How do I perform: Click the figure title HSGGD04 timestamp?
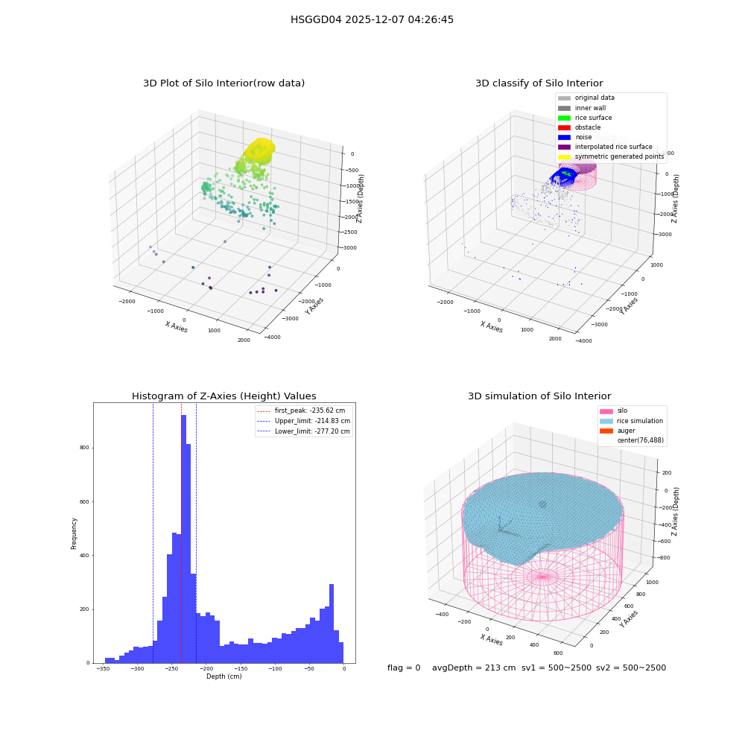(372, 20)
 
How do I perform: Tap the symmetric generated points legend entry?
(611, 156)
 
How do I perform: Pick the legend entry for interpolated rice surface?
(605, 147)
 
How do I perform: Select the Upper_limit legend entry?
(304, 421)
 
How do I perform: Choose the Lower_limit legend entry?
(304, 431)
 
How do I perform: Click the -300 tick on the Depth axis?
(137, 668)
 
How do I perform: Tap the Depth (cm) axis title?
(223, 676)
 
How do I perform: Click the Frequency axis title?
(74, 533)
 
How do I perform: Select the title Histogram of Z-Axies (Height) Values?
(223, 396)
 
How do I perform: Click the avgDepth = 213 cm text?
(474, 668)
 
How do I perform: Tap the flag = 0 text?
(404, 668)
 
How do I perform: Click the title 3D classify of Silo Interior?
(539, 83)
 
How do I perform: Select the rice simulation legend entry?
(632, 421)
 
